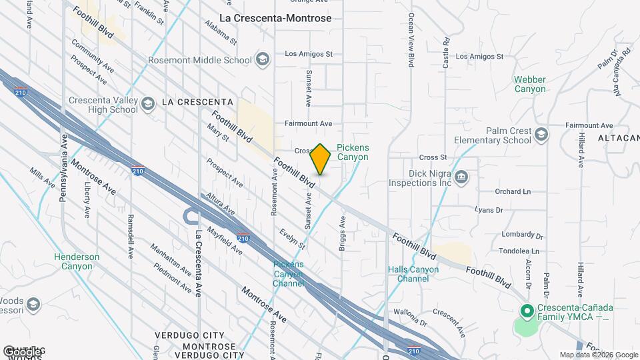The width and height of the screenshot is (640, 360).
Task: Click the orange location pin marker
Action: (x=321, y=159)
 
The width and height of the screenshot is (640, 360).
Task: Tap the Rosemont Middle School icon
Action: (x=262, y=59)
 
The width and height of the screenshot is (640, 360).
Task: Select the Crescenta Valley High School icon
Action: (x=148, y=103)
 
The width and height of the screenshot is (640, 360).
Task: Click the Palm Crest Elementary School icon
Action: (x=541, y=135)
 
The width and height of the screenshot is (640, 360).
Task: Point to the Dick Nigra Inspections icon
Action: (x=461, y=177)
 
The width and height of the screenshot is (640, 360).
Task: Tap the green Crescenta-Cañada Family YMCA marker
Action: (x=526, y=311)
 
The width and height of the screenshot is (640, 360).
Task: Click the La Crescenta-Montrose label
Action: (x=275, y=18)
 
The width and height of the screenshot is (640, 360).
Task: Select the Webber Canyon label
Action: (x=530, y=84)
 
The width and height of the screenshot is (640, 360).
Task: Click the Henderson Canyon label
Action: (x=77, y=261)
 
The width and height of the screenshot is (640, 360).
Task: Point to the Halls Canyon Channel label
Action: (x=413, y=274)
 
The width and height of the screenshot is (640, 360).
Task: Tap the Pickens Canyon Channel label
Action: (x=289, y=273)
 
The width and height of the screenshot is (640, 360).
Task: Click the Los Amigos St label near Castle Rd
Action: (x=478, y=57)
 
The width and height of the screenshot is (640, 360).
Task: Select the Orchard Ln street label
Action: (x=513, y=191)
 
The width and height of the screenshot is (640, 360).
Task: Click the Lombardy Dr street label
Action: (x=522, y=235)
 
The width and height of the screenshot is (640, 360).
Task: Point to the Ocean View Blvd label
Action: (x=411, y=40)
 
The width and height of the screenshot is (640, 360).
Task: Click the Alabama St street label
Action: (x=221, y=31)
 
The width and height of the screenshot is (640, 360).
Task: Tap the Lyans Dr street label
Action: (x=488, y=209)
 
